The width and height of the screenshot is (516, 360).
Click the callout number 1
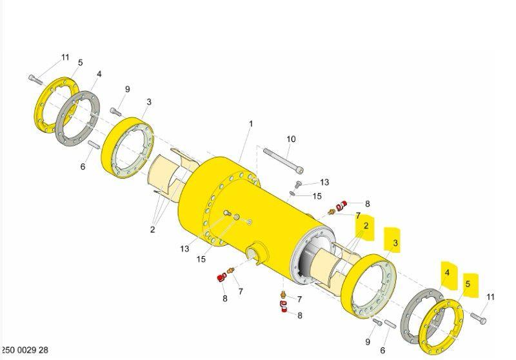click(x=251, y=124)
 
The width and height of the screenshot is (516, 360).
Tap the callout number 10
click(x=292, y=139)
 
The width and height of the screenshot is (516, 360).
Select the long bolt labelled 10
click(x=283, y=161)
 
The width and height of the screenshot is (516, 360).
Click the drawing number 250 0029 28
click(x=25, y=350)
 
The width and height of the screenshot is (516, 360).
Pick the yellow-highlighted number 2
click(x=366, y=226)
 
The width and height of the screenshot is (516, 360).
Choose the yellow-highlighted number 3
click(x=395, y=243)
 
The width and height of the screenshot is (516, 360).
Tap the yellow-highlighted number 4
click(x=447, y=272)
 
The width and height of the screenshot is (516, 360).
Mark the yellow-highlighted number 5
click(x=468, y=284)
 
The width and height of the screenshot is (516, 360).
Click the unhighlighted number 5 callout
click(x=80, y=63)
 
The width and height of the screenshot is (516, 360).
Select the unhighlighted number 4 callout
click(x=99, y=74)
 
